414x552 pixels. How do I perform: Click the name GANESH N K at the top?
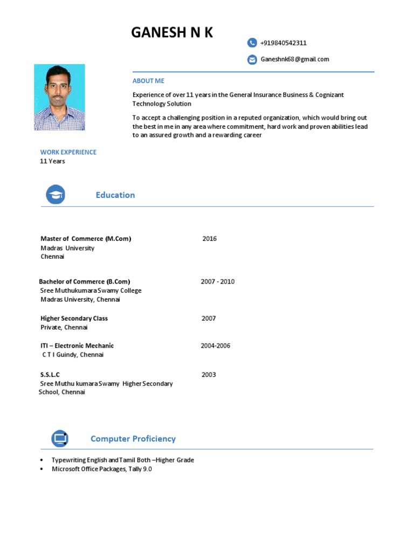pos(172,33)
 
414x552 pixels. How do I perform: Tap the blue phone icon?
pos(252,43)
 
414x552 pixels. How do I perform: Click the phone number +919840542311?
pos(284,43)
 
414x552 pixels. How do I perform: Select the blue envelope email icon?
pos(252,59)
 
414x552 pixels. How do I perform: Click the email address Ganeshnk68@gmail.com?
pos(295,59)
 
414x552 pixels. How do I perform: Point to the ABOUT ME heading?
pos(148,81)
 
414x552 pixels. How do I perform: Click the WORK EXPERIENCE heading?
pos(68,152)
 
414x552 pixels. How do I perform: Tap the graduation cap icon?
pos(56,195)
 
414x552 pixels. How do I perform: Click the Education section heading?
pos(115,195)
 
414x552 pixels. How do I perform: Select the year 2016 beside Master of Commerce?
pos(209,239)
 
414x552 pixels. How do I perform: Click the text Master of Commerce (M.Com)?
pos(86,239)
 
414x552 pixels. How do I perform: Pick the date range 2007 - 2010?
pos(218,281)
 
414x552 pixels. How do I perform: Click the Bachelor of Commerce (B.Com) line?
pos(85,281)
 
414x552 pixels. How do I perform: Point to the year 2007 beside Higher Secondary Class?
pos(209,318)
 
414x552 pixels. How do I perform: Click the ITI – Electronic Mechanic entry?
pos(77,346)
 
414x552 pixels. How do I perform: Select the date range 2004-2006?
pos(216,346)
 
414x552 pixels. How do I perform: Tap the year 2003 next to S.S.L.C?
pos(209,375)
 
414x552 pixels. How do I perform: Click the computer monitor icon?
pos(60,439)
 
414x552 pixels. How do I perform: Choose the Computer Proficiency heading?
pos(133,439)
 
